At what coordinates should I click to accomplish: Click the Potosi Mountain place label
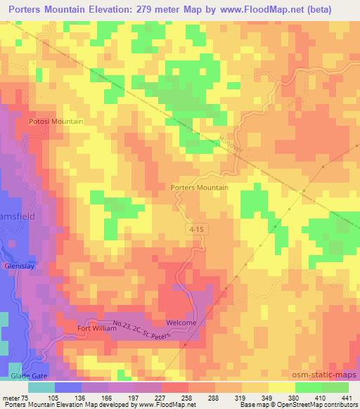tap(56, 122)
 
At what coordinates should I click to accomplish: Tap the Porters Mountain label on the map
tap(200, 188)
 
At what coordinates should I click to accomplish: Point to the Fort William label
tap(95, 328)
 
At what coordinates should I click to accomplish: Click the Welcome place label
tap(181, 323)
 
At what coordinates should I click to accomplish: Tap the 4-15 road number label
tap(198, 229)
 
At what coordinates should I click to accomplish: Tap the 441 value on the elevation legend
tap(347, 397)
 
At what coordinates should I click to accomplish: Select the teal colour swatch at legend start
tap(42, 387)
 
